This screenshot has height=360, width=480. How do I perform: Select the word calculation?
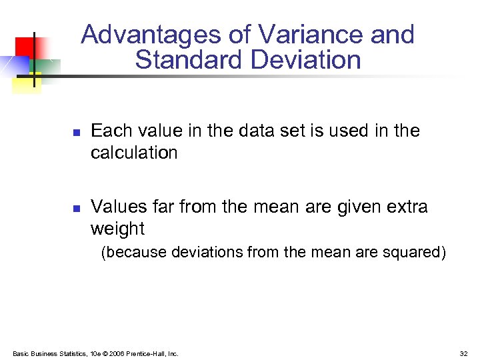(134, 153)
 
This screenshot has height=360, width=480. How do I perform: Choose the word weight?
(117, 229)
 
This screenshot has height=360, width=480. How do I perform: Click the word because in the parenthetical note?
(135, 253)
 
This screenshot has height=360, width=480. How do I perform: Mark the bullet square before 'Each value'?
(76, 133)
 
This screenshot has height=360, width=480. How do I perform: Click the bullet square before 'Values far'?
(76, 209)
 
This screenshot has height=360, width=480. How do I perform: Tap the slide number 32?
(463, 353)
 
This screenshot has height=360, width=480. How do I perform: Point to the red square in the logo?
(25, 45)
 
